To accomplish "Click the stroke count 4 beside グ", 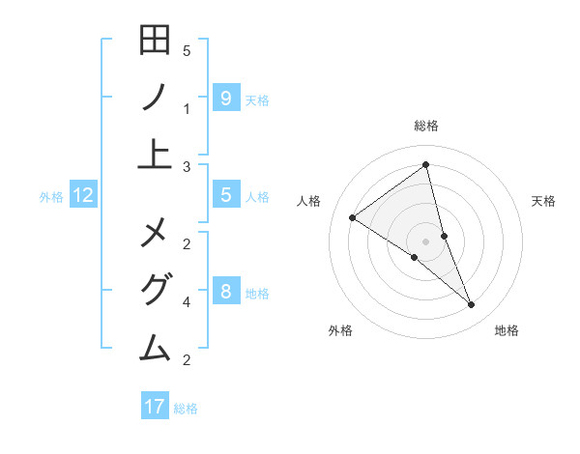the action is (x=187, y=301).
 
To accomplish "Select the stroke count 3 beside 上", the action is (x=187, y=167).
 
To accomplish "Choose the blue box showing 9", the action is (x=225, y=98).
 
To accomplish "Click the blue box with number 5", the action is (x=225, y=195).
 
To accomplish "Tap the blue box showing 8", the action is (x=225, y=291).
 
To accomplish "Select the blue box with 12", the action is (x=83, y=195).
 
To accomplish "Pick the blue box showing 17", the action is (x=155, y=407).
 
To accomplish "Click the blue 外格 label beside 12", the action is (x=51, y=197).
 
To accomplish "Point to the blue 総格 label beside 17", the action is (x=186, y=409).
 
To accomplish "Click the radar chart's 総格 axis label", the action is (x=425, y=126).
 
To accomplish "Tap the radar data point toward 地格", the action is (x=471, y=305).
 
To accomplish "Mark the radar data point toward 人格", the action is (x=352, y=217).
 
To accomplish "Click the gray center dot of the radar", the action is (x=425, y=241).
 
